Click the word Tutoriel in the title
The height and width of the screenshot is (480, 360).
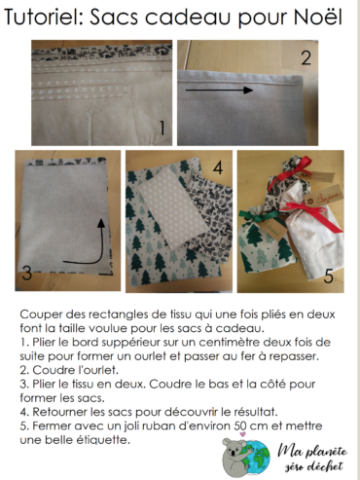coord(44,17)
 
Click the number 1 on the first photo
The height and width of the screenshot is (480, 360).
coord(162,128)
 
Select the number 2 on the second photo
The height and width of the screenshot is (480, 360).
coord(306,57)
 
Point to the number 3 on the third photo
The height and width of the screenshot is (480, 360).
coord(27,273)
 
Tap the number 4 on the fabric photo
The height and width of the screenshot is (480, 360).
coord(218,168)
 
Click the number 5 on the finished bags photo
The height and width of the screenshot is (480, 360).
coord(329,277)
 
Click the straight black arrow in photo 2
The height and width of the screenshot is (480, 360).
coord(219,90)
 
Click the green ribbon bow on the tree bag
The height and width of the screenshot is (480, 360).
coord(259,215)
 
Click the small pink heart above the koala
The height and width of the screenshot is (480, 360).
coord(242,434)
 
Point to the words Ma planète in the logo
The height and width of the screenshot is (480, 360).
coord(312,452)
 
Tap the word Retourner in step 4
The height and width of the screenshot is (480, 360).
coord(60,412)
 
